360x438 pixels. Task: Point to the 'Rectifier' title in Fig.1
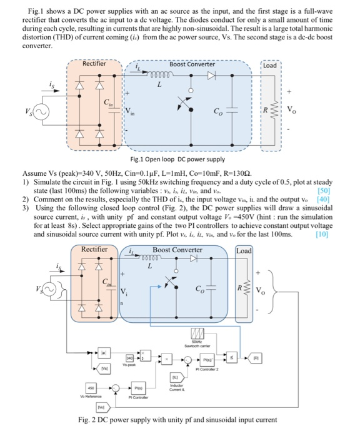pos(94,63)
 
